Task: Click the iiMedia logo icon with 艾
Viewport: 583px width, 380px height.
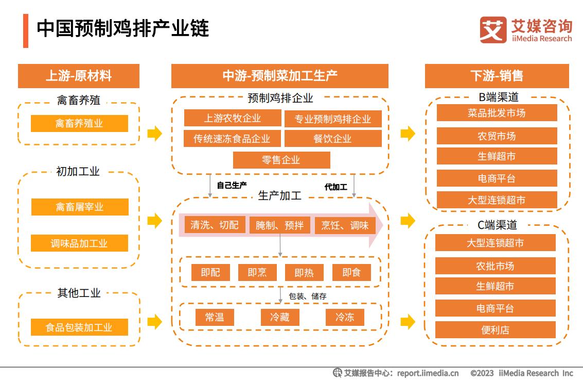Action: [493, 30]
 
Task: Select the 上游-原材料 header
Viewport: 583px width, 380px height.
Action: [78, 76]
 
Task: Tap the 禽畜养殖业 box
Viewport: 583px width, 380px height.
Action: [79, 123]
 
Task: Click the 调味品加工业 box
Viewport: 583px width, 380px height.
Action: [79, 243]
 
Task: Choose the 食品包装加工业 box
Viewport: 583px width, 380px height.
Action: [79, 327]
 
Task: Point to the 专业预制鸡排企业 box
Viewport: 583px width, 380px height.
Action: [333, 119]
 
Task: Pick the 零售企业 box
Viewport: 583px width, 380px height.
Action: [281, 160]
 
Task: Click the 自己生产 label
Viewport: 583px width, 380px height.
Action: [232, 185]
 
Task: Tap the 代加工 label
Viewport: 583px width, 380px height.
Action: [335, 187]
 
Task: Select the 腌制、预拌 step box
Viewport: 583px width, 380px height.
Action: [279, 225]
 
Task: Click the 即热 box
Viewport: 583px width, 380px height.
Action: [304, 272]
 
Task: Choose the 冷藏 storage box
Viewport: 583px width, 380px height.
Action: [279, 317]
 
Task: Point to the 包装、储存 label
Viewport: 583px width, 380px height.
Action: [308, 296]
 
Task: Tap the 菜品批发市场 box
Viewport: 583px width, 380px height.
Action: [497, 112]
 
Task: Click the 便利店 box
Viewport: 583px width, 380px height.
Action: [495, 329]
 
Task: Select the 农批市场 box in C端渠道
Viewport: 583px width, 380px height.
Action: [495, 266]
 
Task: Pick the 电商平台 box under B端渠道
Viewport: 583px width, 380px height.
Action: [497, 178]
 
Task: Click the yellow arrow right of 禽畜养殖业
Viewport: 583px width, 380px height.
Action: [155, 134]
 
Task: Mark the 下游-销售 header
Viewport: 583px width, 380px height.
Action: [497, 76]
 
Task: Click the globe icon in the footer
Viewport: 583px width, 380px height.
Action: [337, 373]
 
